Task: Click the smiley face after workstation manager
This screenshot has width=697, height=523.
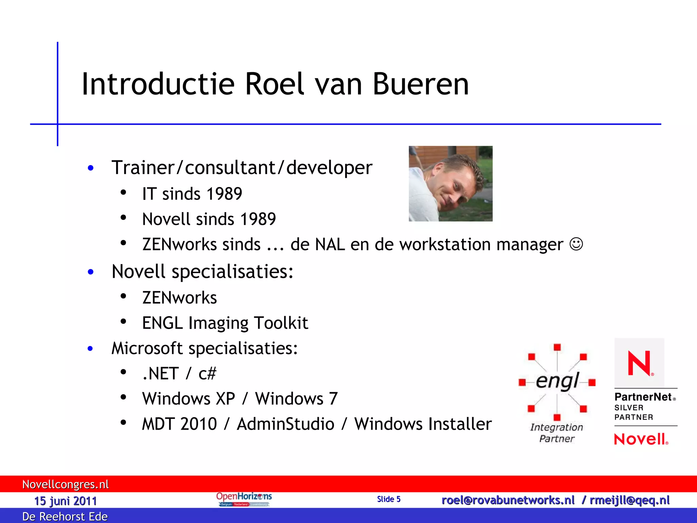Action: (576, 244)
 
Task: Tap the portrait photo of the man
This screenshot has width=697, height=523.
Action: (450, 184)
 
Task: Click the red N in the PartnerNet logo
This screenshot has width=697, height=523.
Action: (639, 363)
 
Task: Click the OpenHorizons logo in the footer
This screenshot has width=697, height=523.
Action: (244, 499)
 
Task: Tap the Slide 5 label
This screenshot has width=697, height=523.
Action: (389, 499)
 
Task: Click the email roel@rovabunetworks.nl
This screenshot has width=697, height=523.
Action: (508, 500)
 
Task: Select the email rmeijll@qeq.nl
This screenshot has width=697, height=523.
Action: (630, 500)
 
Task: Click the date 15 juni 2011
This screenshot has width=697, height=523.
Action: (65, 501)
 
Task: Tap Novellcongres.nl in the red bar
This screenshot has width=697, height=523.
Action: (65, 484)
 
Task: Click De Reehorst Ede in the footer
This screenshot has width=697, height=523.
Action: (65, 517)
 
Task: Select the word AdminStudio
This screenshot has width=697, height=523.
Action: (286, 424)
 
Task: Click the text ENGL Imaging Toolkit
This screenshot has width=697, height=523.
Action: (225, 323)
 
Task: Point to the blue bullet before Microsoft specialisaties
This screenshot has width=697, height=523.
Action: (90, 348)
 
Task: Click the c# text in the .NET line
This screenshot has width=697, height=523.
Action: (207, 374)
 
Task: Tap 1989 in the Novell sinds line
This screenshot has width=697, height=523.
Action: (258, 219)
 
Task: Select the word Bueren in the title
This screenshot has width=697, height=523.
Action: (421, 84)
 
